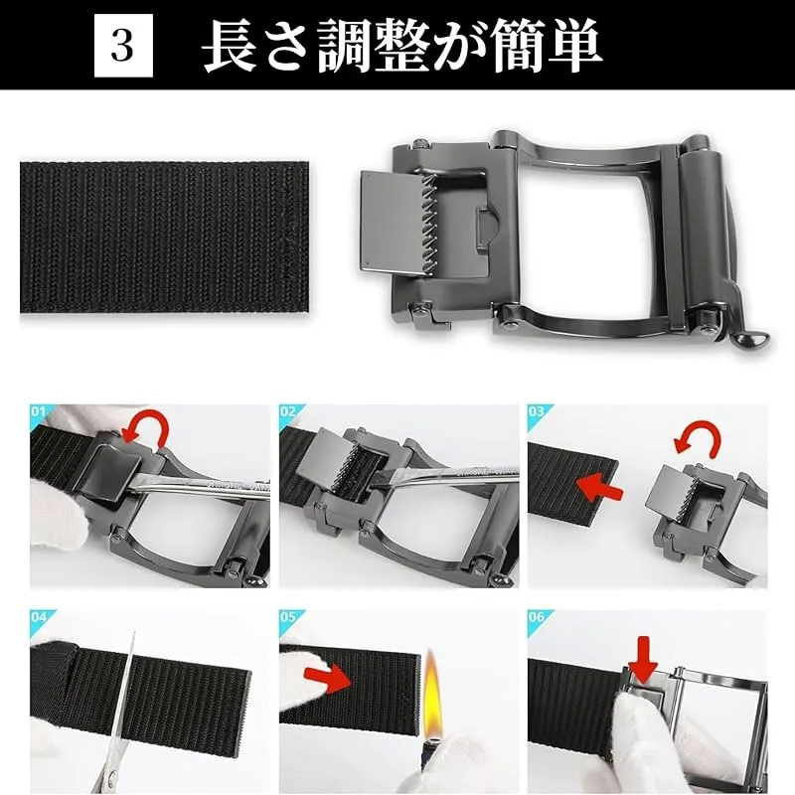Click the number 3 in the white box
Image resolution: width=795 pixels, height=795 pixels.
[122, 45]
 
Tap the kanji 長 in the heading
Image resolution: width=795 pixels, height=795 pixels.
[231, 45]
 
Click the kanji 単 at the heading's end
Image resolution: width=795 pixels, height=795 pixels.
[574, 45]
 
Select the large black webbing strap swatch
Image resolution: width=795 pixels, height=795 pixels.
[165, 237]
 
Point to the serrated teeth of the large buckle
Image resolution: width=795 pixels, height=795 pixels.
[429, 226]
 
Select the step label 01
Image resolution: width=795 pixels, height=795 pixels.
[38, 411]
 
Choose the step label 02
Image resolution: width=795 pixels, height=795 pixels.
[287, 411]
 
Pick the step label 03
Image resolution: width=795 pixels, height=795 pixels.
[536, 411]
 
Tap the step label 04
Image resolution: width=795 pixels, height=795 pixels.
[38, 617]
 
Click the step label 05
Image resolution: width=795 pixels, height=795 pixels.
[287, 617]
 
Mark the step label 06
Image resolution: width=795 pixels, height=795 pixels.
[536, 617]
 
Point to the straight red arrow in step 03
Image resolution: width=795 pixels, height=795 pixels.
[600, 486]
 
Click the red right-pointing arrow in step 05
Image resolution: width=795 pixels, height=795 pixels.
[329, 679]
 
